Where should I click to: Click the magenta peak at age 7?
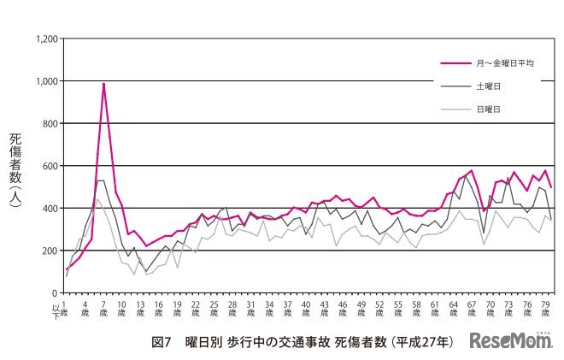point(103,84)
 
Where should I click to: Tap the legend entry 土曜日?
point(488,86)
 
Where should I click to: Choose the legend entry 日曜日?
point(488,109)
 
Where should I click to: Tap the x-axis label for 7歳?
point(103,308)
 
